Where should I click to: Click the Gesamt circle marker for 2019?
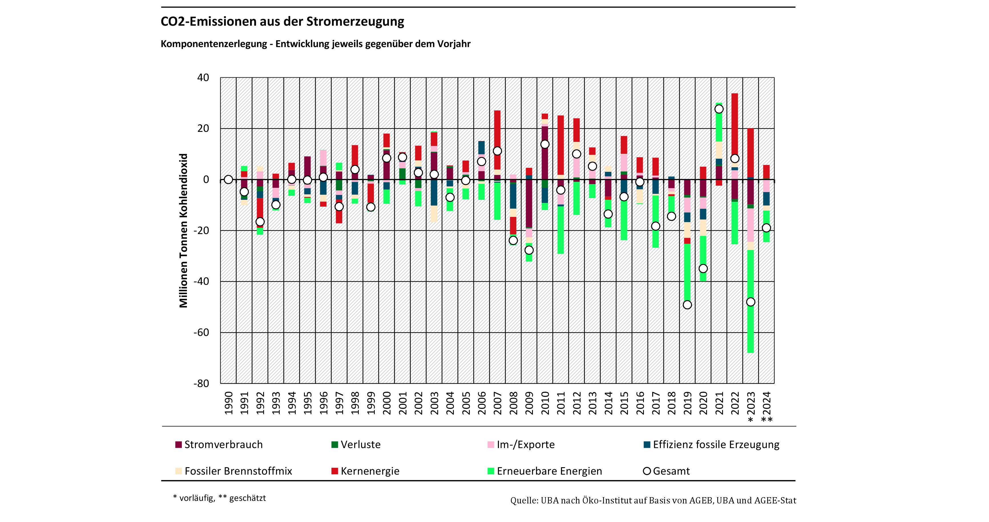pos(687,305)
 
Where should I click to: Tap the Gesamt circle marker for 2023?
pos(751,302)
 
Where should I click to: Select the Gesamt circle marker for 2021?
pos(719,109)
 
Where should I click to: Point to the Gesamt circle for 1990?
pos(228,179)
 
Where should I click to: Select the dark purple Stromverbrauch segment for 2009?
pos(529,203)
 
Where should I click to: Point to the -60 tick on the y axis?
pos(201,332)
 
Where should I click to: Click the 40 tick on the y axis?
pos(203,78)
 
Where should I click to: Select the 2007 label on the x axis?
pos(497,403)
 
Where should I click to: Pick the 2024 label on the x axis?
pos(767,403)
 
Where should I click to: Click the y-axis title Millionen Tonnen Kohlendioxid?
pos(184,230)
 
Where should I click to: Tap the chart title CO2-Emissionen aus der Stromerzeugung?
pos(282,21)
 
